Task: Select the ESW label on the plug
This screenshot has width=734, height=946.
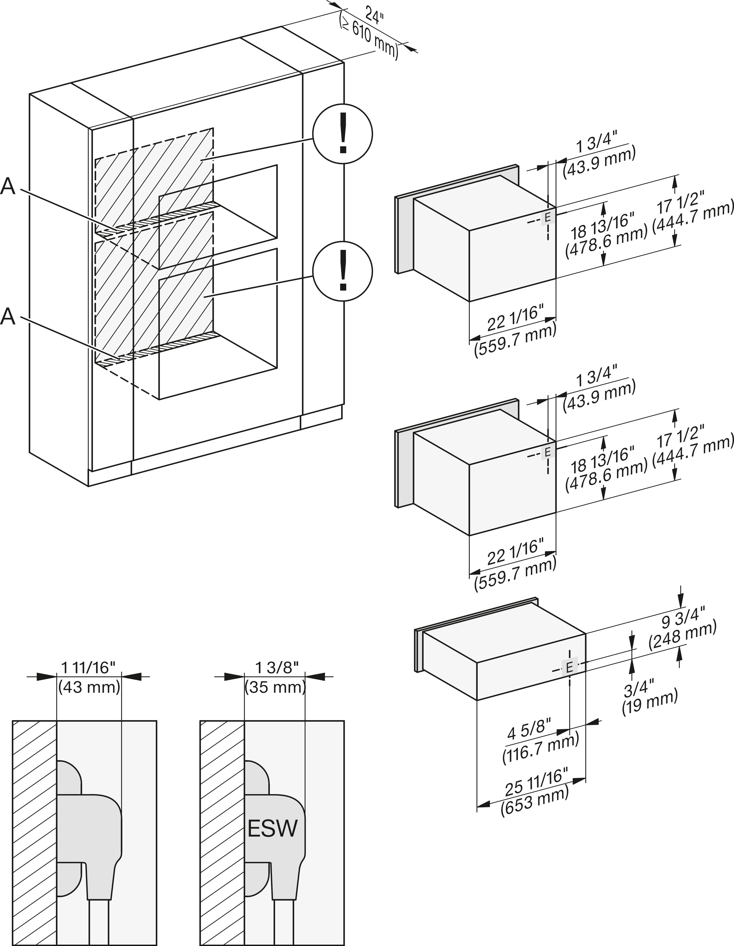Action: point(273,829)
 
